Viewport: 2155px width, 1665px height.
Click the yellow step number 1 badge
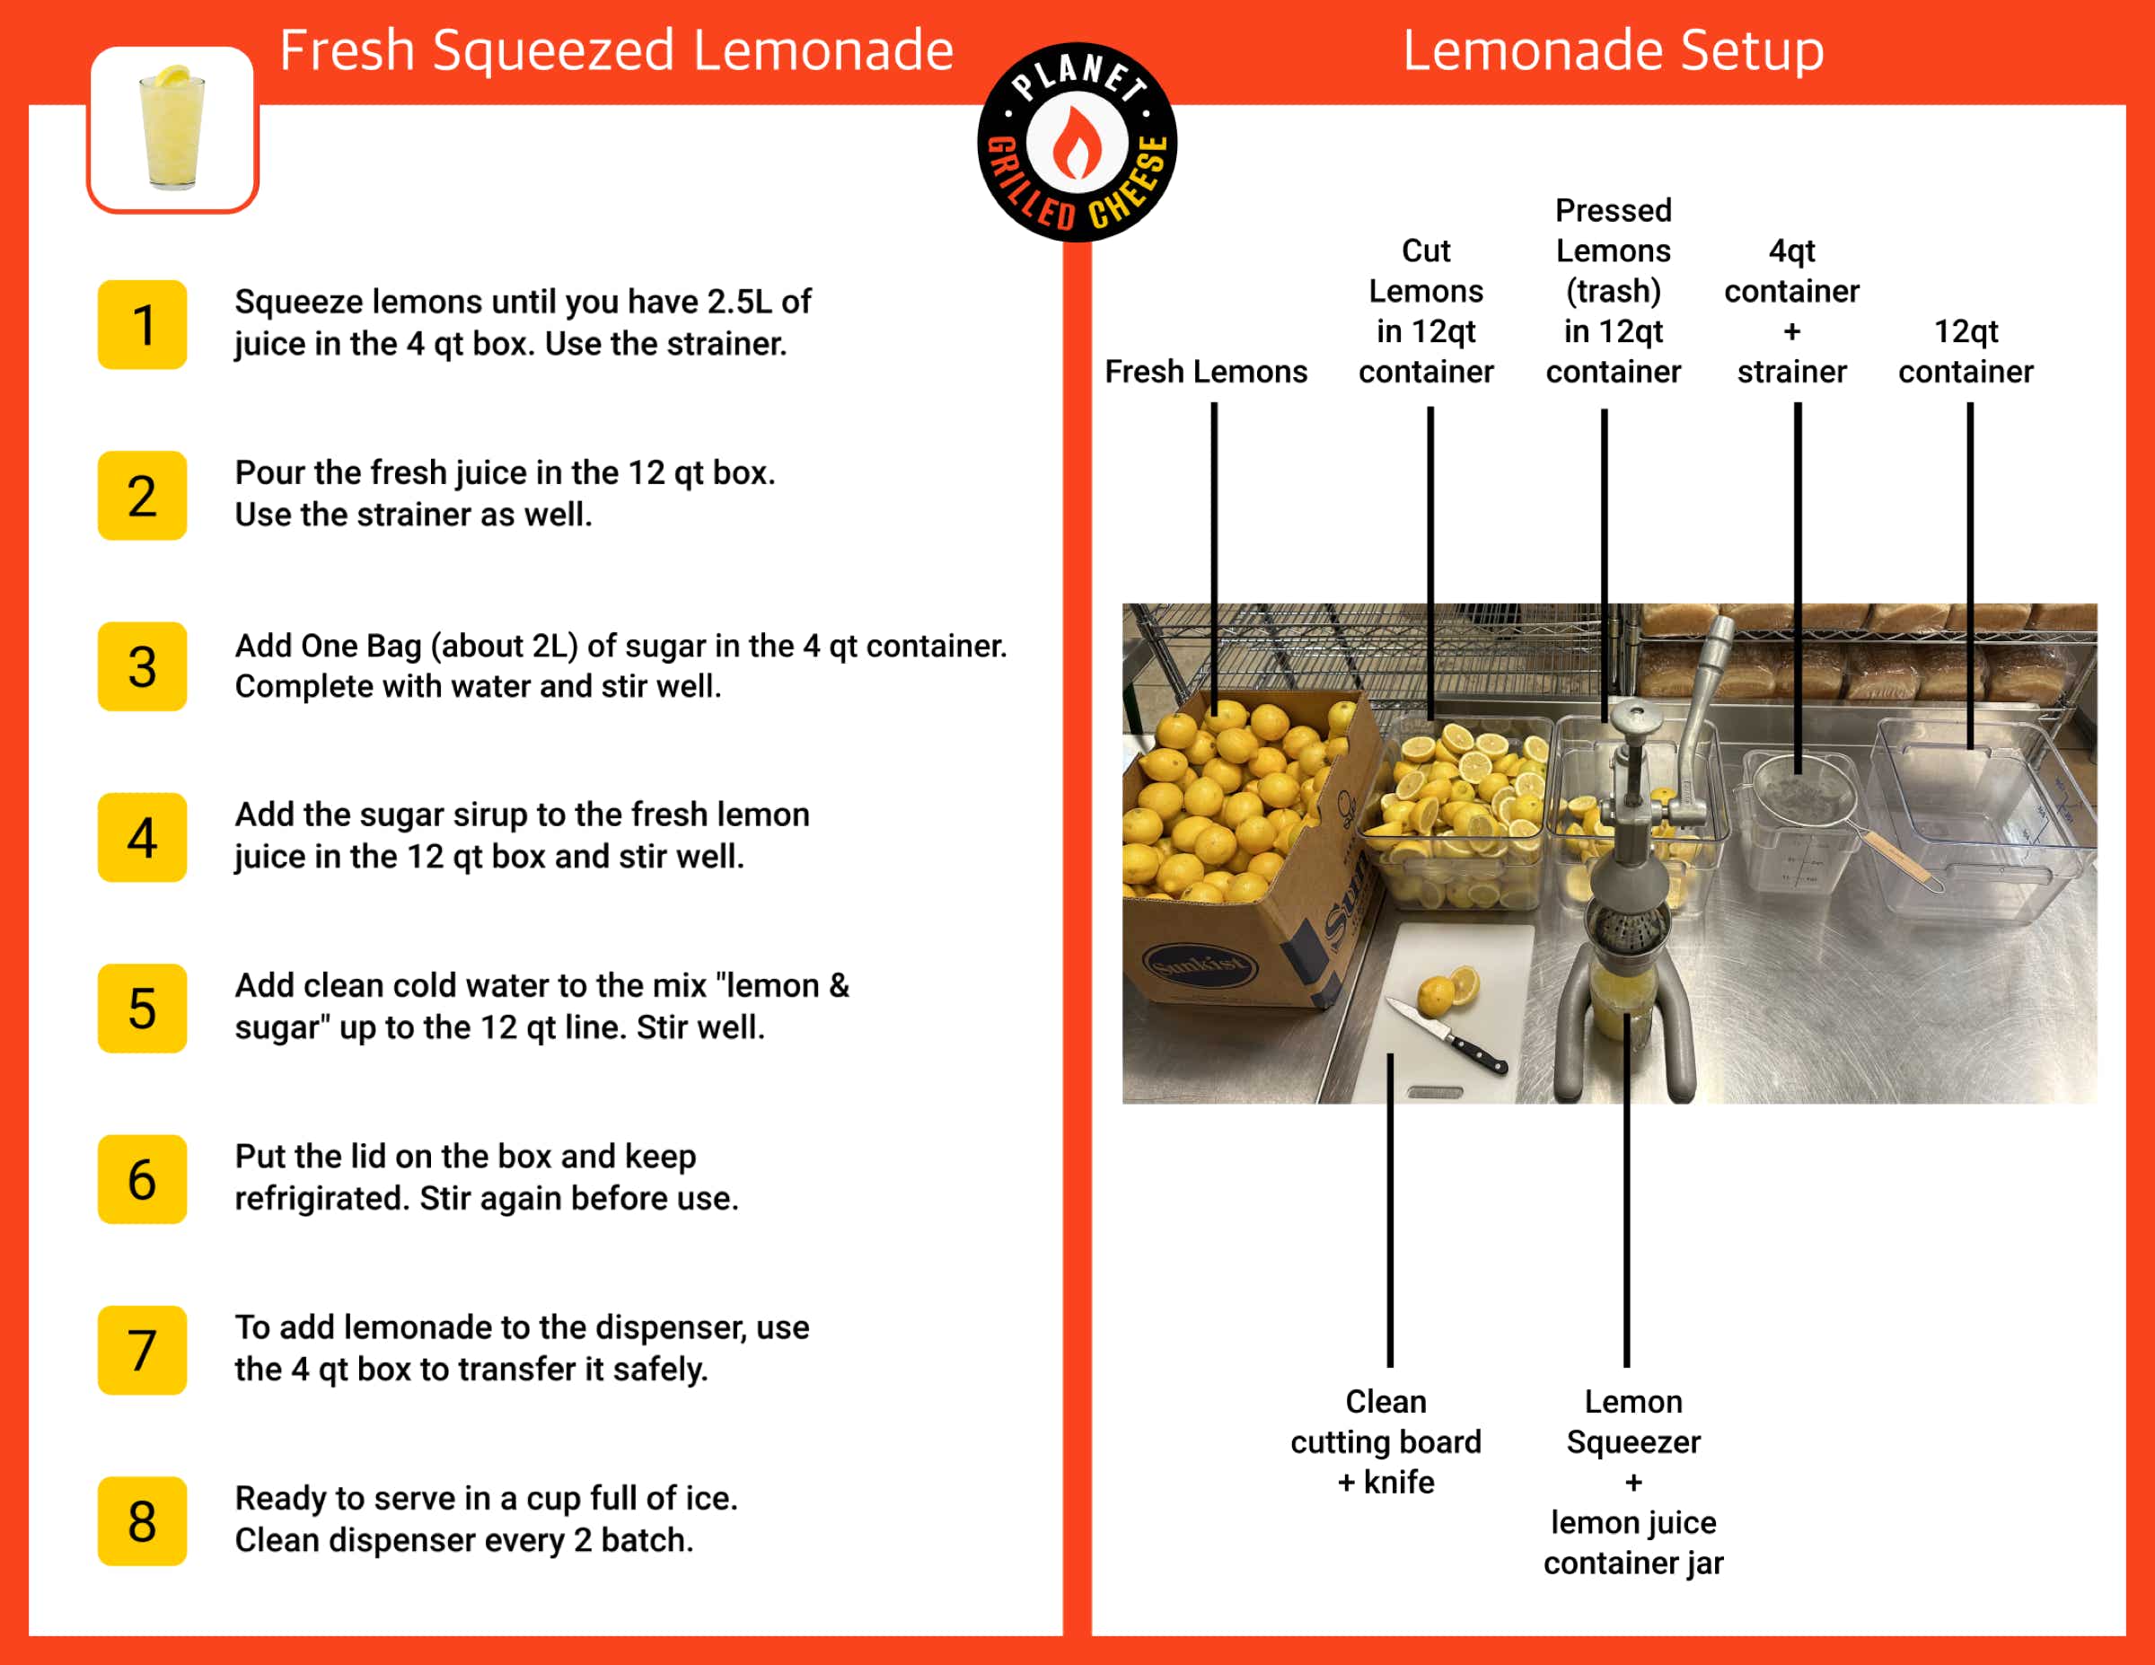142,325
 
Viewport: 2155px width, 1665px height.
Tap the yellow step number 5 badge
142,1008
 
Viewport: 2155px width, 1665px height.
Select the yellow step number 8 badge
142,1521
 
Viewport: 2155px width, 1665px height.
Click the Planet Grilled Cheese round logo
1077,142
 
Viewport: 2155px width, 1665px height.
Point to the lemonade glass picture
172,128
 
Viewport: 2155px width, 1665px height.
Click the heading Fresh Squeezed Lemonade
617,50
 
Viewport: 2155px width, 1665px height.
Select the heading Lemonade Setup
1614,50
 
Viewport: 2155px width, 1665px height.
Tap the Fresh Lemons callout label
1206,371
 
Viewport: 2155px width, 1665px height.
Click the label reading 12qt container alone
1966,351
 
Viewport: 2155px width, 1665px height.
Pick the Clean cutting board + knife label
1385,1441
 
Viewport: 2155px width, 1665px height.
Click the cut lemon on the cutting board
1448,989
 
